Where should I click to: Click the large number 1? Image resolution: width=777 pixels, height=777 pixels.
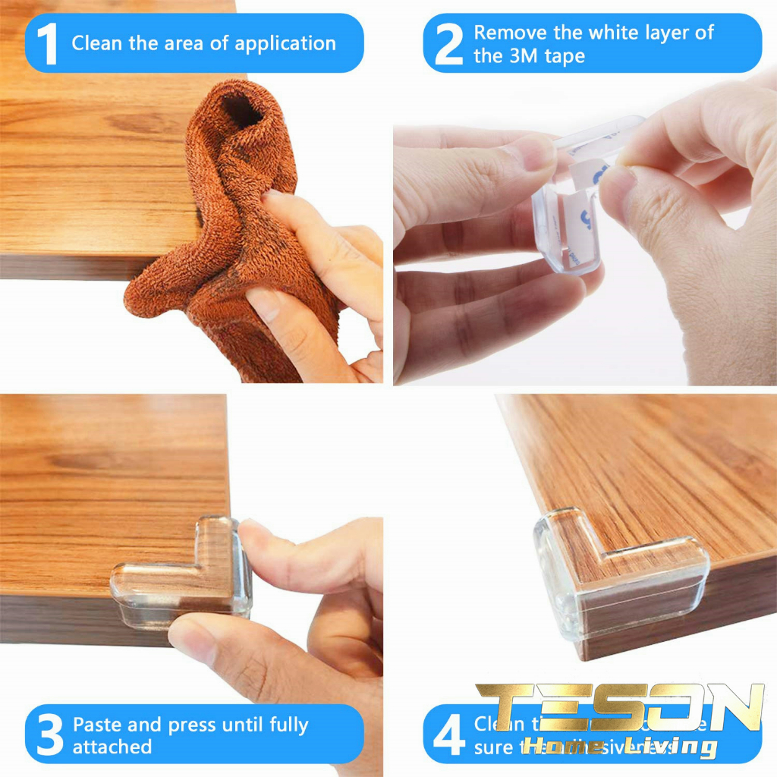point(47,44)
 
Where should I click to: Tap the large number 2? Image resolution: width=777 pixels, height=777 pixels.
point(448,44)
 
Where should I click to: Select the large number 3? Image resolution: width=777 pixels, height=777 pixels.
point(50,735)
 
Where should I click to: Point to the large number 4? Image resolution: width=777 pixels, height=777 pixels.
point(448,735)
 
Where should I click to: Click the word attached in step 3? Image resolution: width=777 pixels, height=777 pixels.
point(112,747)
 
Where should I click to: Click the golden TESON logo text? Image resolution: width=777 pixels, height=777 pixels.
point(618,708)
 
